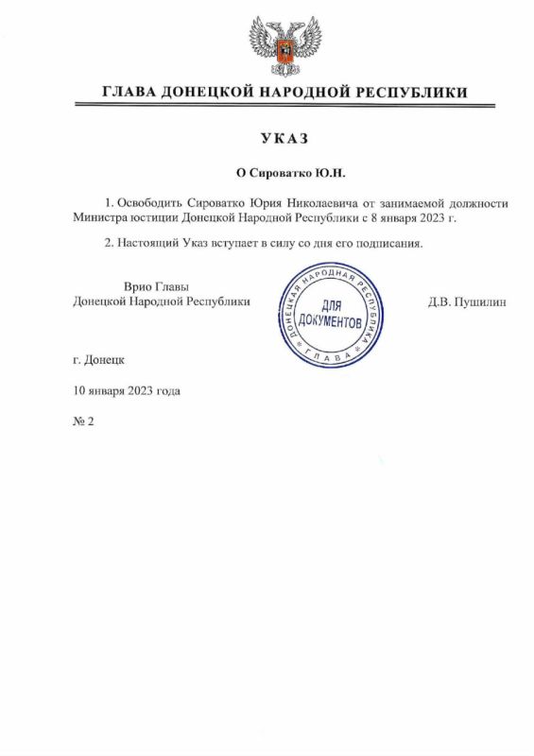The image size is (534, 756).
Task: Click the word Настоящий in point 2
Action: pyautogui.click(x=149, y=244)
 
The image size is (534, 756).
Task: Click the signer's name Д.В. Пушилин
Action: pyautogui.click(x=467, y=301)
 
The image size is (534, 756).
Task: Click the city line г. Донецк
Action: pyautogui.click(x=97, y=360)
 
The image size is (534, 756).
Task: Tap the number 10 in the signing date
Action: pyautogui.click(x=78, y=390)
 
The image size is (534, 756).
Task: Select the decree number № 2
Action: pyautogui.click(x=83, y=421)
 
